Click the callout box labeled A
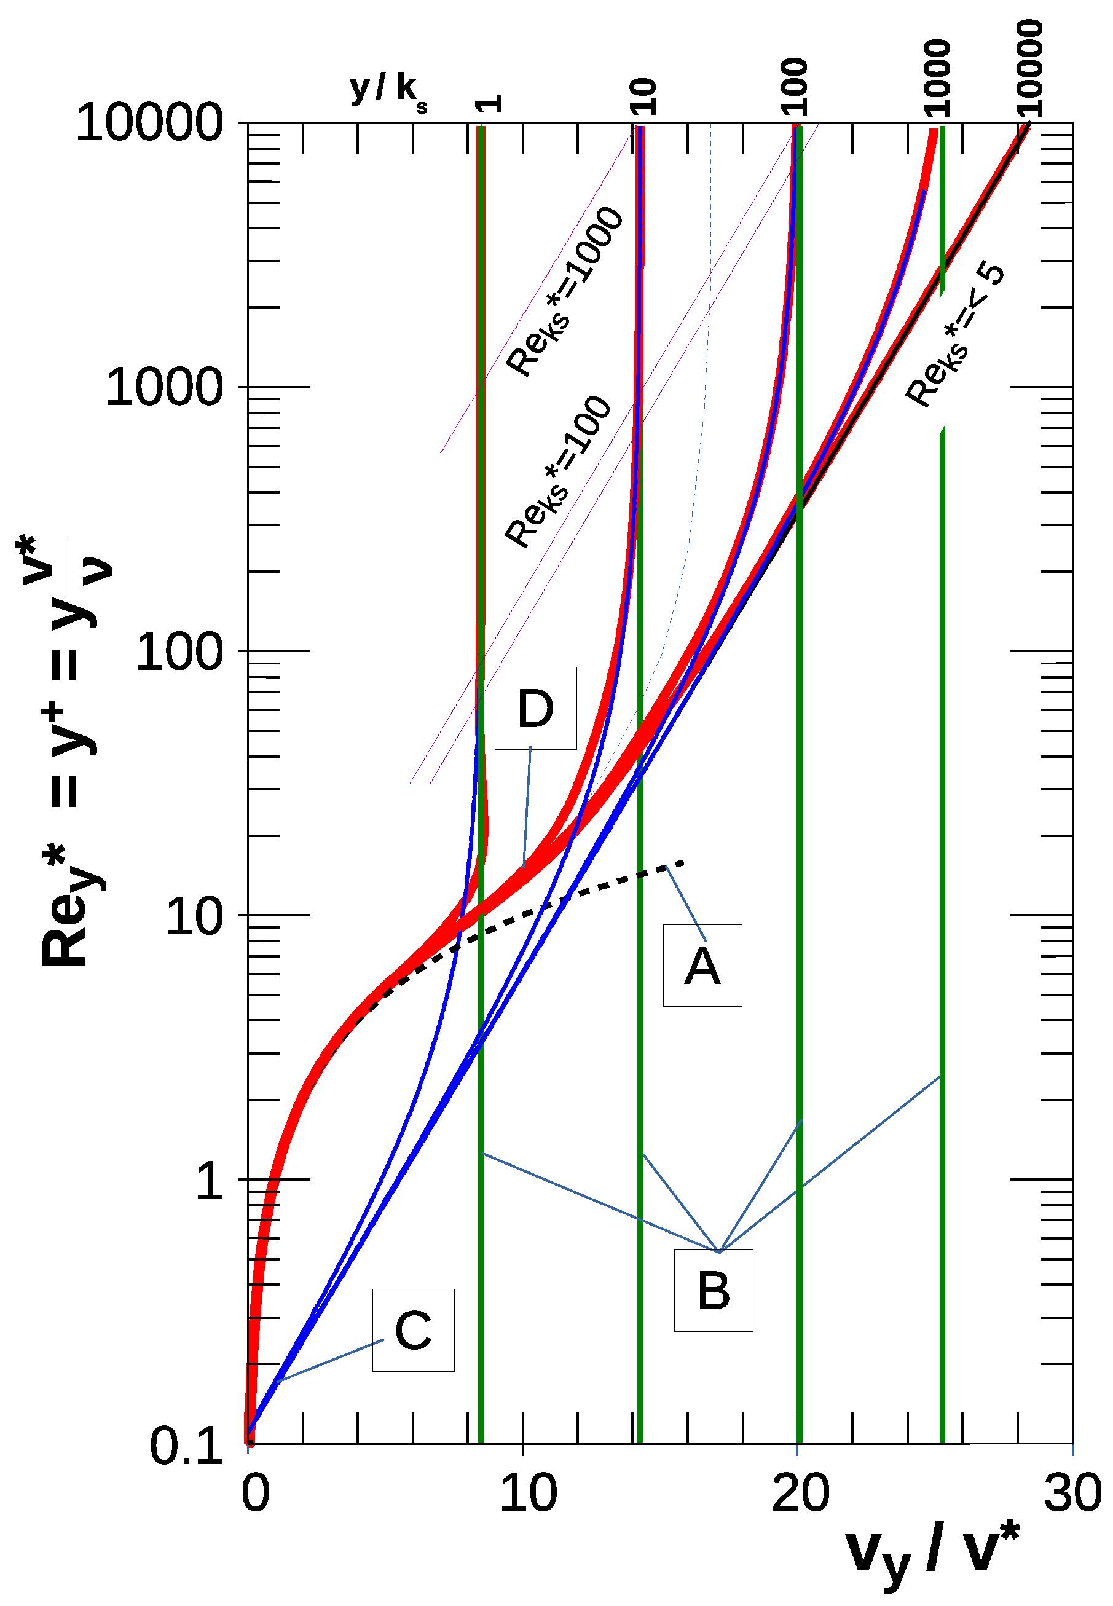702,965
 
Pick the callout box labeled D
535,708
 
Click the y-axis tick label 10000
149,124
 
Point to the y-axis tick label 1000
164,387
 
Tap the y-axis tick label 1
209,1181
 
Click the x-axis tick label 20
800,1494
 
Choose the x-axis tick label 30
1072,1494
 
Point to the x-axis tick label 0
255,1494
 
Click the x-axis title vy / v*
932,1553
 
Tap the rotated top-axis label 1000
937,77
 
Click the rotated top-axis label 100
794,86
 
